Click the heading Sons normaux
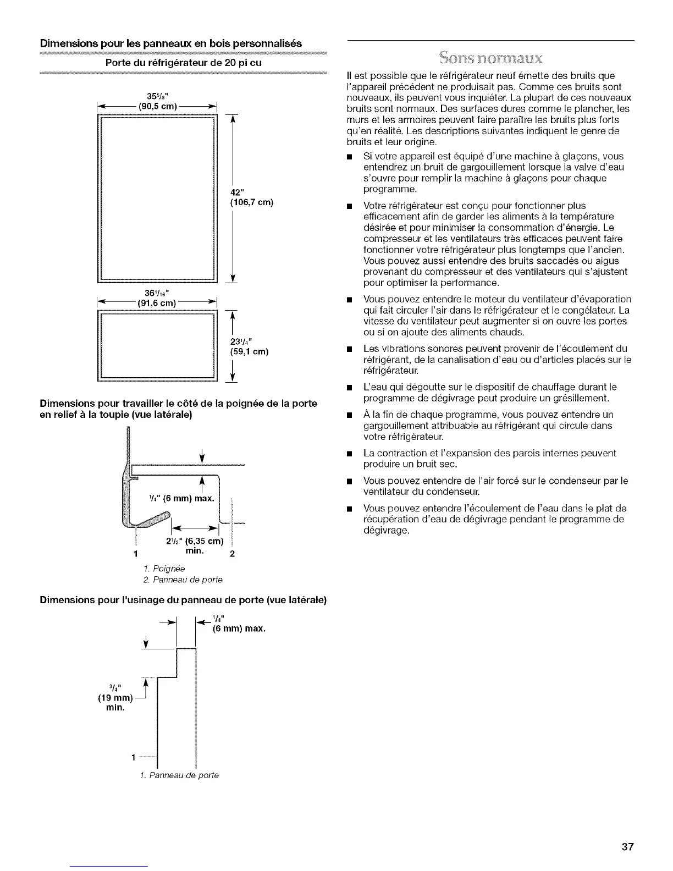491,58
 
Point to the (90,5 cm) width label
157,106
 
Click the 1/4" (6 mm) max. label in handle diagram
181,499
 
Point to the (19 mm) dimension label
115,698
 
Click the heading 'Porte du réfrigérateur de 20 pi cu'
183,63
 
